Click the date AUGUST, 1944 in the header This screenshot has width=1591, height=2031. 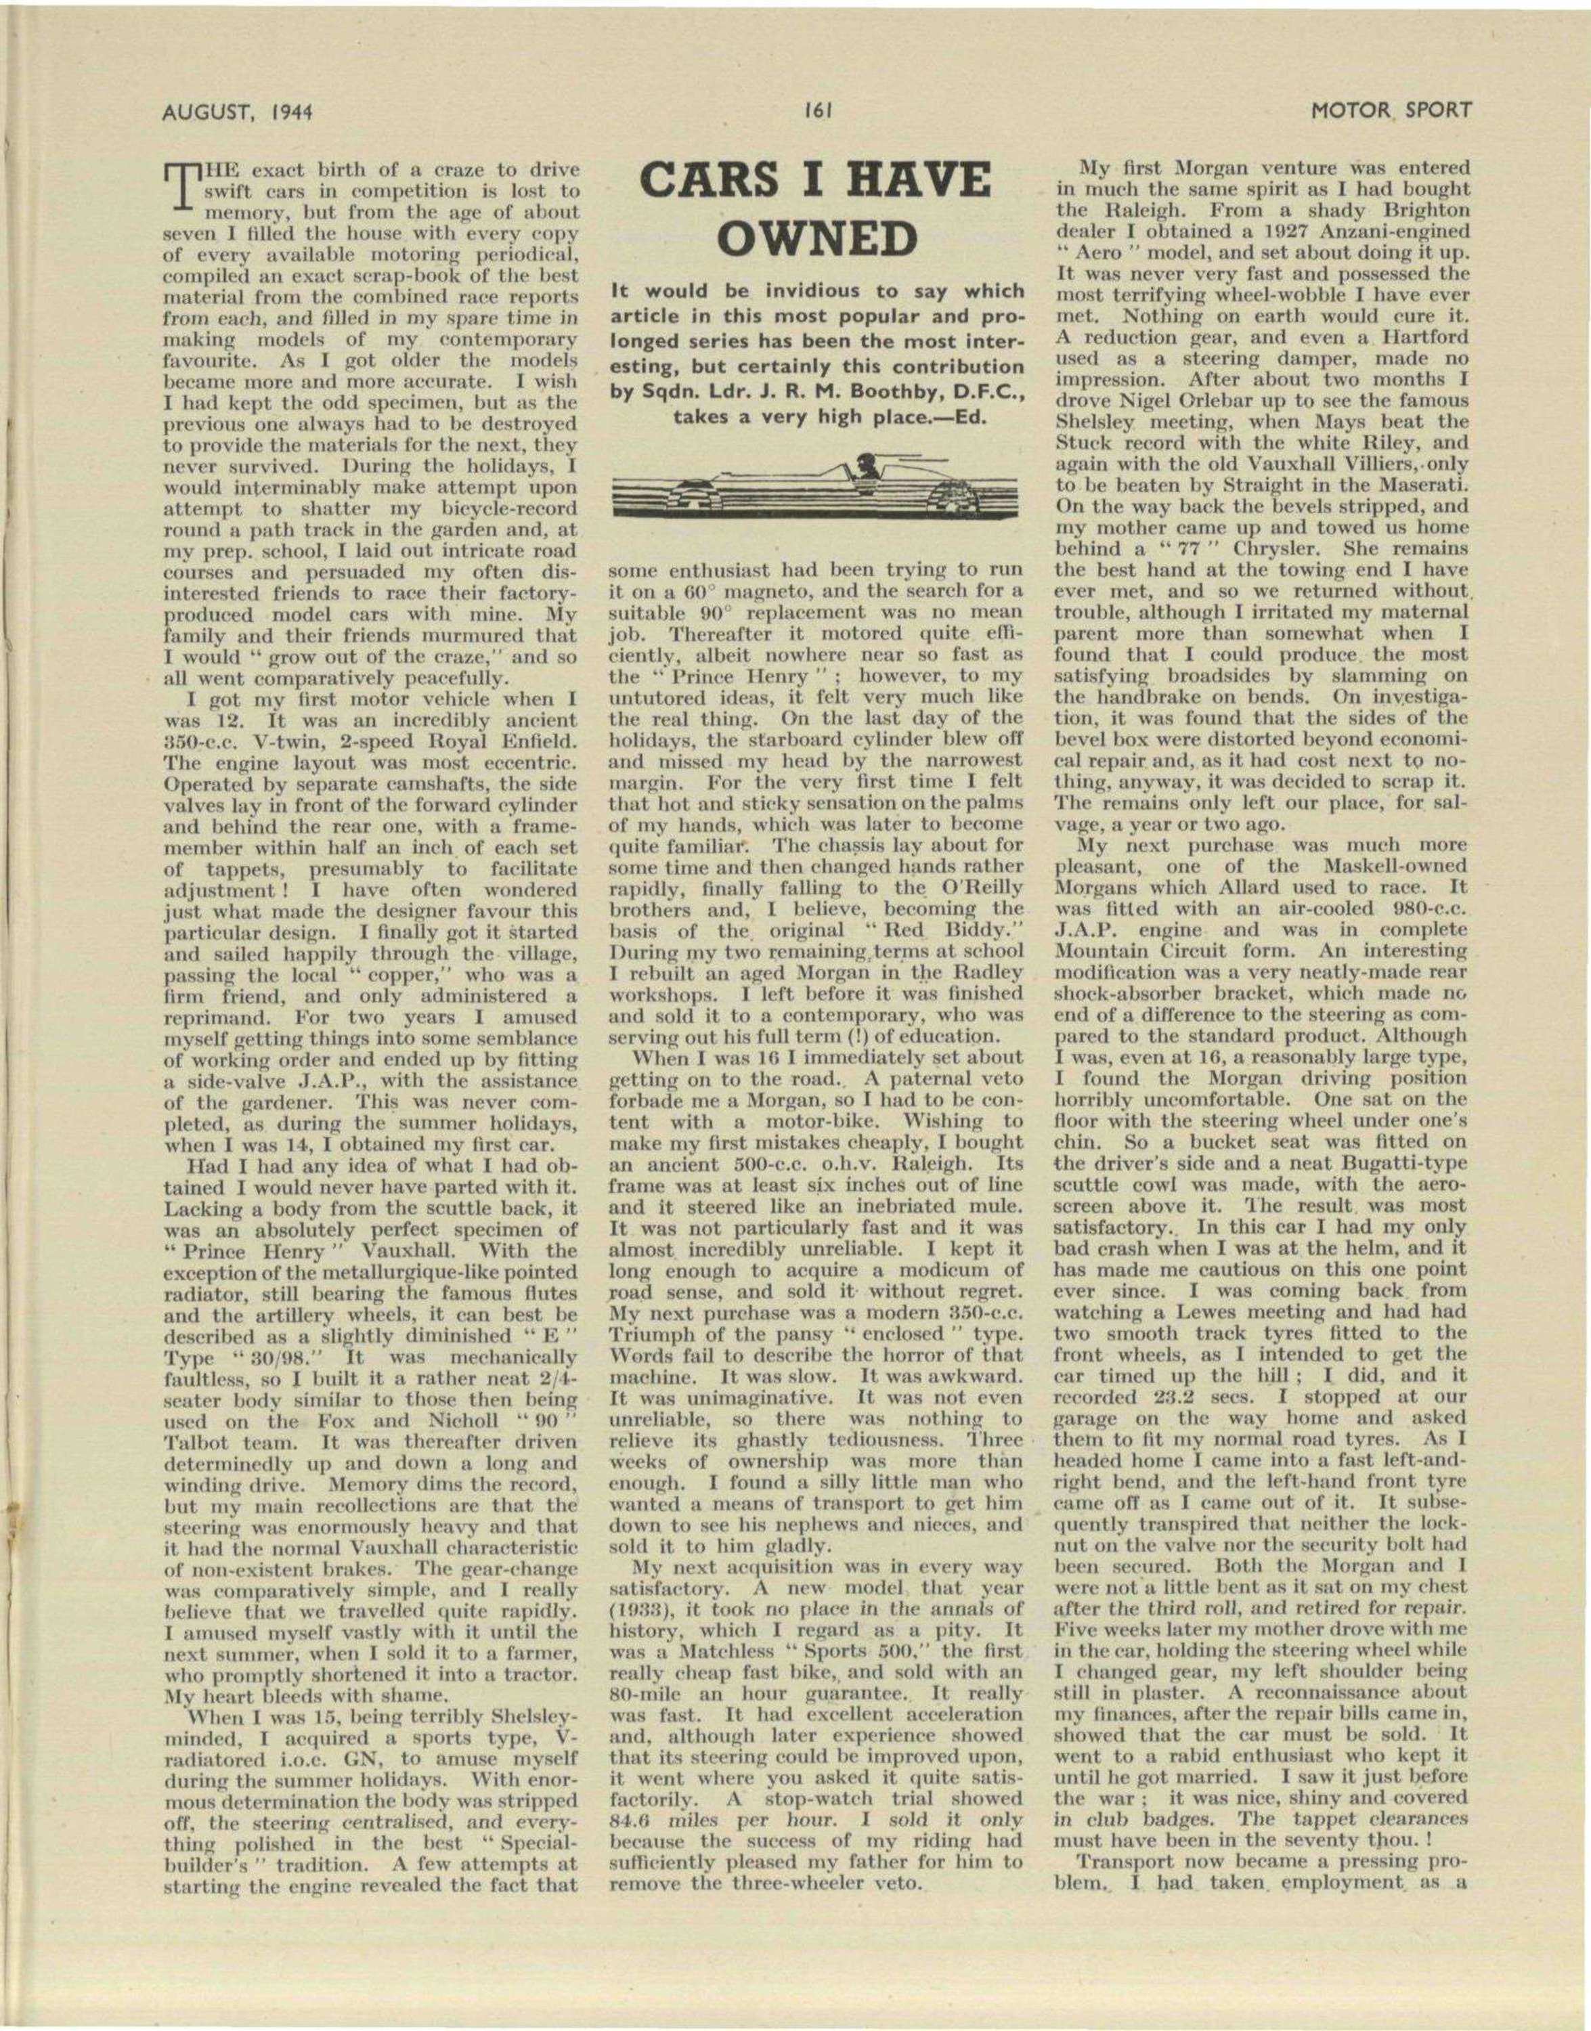[x=236, y=112]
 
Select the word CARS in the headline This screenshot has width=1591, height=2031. [x=710, y=179]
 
